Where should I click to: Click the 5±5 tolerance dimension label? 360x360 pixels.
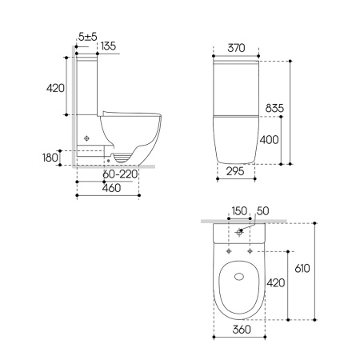88,37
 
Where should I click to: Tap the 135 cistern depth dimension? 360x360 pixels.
108,46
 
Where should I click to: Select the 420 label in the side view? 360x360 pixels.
55,88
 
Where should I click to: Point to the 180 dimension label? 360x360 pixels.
50,158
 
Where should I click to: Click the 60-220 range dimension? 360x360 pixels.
120,174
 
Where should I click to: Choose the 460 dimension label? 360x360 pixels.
111,188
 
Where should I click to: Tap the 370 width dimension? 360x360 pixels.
236,48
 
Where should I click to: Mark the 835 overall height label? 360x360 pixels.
274,108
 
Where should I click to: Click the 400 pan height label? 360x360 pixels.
269,139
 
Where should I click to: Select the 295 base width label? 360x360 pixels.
235,171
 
